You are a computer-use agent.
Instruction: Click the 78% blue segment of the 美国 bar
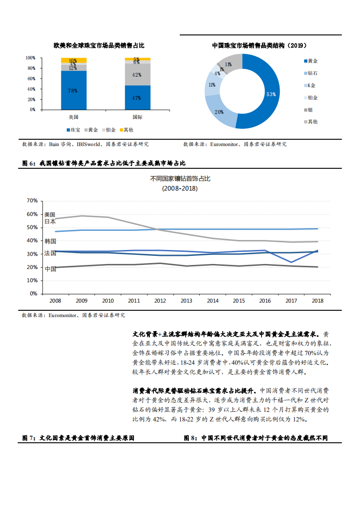pyautogui.click(x=73, y=90)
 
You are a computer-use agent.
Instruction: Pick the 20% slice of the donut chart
pyautogui.click(x=219, y=112)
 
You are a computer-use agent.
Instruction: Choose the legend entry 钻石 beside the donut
pyautogui.click(x=312, y=73)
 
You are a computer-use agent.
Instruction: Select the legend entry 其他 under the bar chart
pyautogui.click(x=128, y=130)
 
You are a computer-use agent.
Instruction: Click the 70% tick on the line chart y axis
pyautogui.click(x=32, y=201)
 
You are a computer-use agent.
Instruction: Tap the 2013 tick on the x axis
pyautogui.click(x=187, y=300)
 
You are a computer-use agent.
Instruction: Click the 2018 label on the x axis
pyautogui.click(x=317, y=300)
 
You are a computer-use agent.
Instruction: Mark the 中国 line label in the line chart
pyautogui.click(x=50, y=269)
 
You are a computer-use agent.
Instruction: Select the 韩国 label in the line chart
pyautogui.click(x=50, y=241)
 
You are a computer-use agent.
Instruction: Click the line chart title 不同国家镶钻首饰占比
pyautogui.click(x=180, y=179)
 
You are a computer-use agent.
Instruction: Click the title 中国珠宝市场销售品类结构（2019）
pyautogui.click(x=260, y=46)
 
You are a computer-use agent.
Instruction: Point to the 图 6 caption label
pyautogui.click(x=28, y=163)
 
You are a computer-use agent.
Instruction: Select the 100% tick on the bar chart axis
pyautogui.click(x=30, y=58)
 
